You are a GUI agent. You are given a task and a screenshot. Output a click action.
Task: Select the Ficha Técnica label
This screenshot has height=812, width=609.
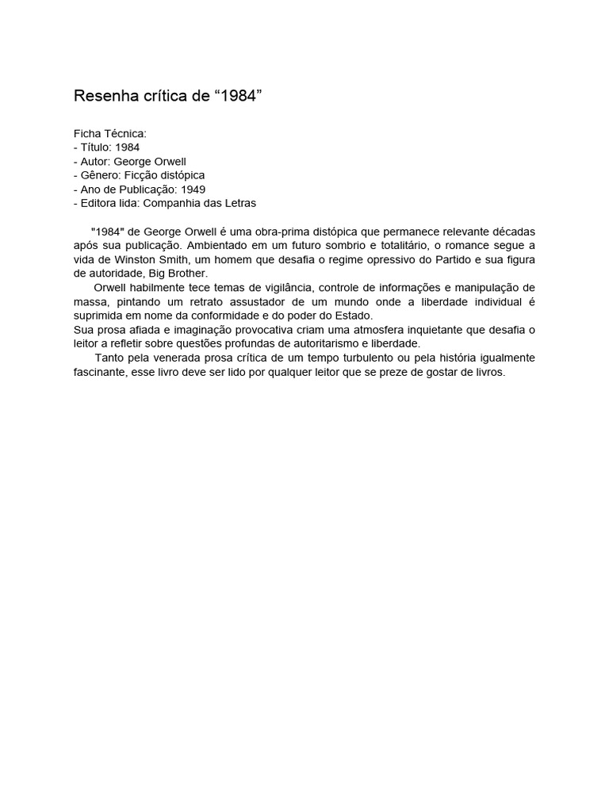[x=110, y=133]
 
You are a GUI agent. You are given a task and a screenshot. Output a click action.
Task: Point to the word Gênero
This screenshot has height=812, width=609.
[x=99, y=174]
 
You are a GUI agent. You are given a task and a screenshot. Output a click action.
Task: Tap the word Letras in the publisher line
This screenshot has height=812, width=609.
[x=239, y=203]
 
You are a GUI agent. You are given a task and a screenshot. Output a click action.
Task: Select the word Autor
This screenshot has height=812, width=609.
[x=94, y=161]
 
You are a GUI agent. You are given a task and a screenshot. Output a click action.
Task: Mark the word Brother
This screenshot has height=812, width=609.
[x=187, y=274]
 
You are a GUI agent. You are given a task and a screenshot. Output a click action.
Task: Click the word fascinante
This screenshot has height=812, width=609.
[x=98, y=372]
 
